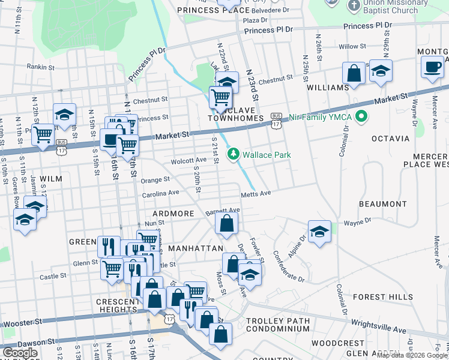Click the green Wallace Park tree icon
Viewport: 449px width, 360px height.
tap(234, 155)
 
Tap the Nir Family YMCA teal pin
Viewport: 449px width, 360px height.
tap(361, 116)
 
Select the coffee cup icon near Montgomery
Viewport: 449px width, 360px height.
tap(432, 67)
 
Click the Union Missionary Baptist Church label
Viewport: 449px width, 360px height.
tap(390, 7)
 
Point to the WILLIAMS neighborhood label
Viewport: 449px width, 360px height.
tap(328, 88)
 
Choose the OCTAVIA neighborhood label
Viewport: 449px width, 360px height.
tap(390, 139)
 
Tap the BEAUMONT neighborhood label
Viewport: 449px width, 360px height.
tap(383, 205)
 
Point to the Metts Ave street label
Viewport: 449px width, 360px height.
tap(256, 194)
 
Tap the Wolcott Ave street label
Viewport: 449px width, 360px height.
tap(188, 161)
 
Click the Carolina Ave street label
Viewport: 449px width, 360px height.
tap(160, 194)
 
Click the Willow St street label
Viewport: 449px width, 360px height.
tap(352, 46)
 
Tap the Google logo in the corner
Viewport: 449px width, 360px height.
tap(20, 353)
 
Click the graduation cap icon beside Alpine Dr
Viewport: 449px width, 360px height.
tap(319, 231)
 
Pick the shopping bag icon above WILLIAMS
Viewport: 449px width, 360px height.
tap(354, 73)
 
